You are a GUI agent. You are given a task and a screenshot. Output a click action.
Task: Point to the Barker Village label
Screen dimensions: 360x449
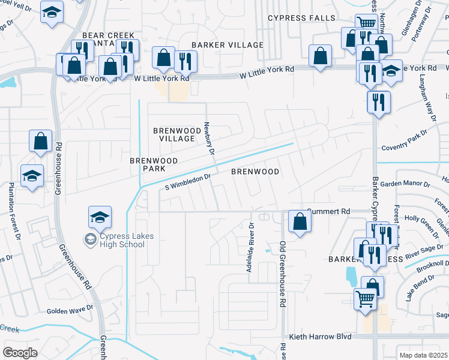(228, 45)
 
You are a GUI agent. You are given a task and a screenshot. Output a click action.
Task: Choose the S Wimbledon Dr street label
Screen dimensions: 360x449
(188, 182)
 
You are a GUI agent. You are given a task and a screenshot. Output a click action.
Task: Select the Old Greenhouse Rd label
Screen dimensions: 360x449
(282, 275)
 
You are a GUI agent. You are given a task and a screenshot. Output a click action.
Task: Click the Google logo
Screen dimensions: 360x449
(20, 353)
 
